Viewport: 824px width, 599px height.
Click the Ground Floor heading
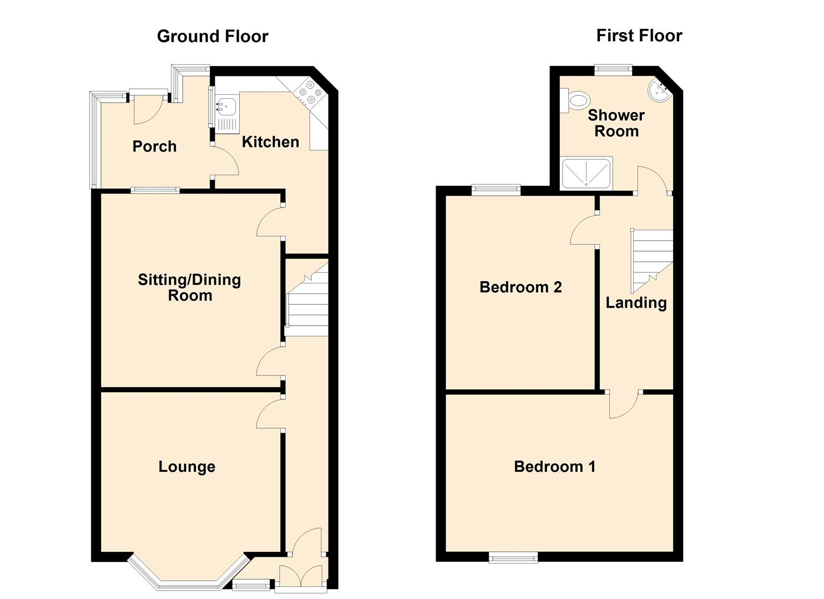point(213,37)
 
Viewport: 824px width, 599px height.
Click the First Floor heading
point(639,35)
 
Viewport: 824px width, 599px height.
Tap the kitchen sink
point(226,114)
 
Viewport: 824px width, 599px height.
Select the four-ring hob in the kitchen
point(307,93)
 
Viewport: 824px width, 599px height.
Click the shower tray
point(587,173)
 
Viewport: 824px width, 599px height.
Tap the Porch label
point(154,146)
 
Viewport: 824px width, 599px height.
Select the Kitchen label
point(270,142)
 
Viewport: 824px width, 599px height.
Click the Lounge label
point(186,466)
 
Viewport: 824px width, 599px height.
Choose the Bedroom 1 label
point(554,466)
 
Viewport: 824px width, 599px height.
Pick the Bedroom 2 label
point(520,287)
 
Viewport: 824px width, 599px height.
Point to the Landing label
point(636,303)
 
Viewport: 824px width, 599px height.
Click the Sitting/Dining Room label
point(189,287)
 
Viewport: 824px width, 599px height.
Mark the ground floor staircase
point(307,302)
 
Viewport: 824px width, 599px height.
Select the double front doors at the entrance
point(301,576)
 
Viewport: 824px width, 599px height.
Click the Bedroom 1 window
point(513,557)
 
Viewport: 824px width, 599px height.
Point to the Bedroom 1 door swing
point(624,405)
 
